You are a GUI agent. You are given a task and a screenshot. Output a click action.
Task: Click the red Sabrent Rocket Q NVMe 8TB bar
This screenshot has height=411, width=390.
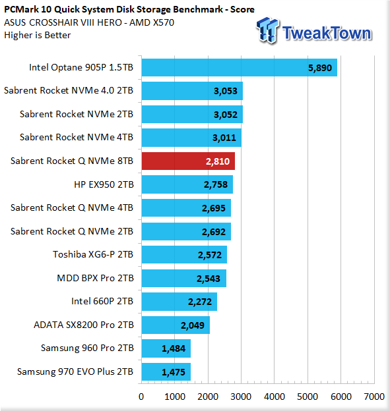(188, 161)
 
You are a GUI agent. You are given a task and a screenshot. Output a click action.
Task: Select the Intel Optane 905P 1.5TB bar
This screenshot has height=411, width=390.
(240, 67)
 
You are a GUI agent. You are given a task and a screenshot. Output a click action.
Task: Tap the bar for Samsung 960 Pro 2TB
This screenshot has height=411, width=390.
(166, 348)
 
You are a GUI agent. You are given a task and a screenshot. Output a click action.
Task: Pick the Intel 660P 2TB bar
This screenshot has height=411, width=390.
(179, 302)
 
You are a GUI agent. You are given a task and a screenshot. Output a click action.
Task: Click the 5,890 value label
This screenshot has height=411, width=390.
(320, 68)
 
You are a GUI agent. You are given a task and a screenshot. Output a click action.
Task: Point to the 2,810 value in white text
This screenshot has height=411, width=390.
(218, 161)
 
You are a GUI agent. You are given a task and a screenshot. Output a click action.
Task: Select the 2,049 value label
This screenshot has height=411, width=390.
(193, 325)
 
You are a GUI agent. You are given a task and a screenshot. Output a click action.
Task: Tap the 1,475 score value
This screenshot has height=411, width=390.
(174, 372)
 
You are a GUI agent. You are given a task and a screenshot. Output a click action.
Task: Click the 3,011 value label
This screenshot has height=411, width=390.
(224, 138)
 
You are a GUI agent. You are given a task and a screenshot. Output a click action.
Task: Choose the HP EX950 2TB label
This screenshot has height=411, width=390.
(104, 184)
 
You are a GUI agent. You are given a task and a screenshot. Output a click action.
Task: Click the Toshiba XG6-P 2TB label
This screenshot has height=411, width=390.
(93, 254)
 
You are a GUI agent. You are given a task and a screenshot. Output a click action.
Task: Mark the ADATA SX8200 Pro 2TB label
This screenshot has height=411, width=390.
(84, 325)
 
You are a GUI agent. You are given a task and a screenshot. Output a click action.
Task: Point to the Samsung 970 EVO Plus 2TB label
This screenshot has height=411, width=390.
(75, 371)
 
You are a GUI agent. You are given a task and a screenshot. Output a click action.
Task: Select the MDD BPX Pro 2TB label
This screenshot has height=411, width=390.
(95, 278)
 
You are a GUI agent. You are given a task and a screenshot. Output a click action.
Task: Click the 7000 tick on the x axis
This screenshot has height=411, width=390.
(374, 397)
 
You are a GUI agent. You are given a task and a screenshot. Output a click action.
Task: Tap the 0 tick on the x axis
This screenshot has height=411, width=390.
(141, 397)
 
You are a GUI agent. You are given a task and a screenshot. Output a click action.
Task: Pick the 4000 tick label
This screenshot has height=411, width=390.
(275, 397)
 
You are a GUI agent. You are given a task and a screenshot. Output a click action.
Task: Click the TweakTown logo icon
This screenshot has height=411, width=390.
(268, 30)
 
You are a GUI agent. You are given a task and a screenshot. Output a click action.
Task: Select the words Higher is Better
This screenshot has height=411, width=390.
(38, 35)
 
